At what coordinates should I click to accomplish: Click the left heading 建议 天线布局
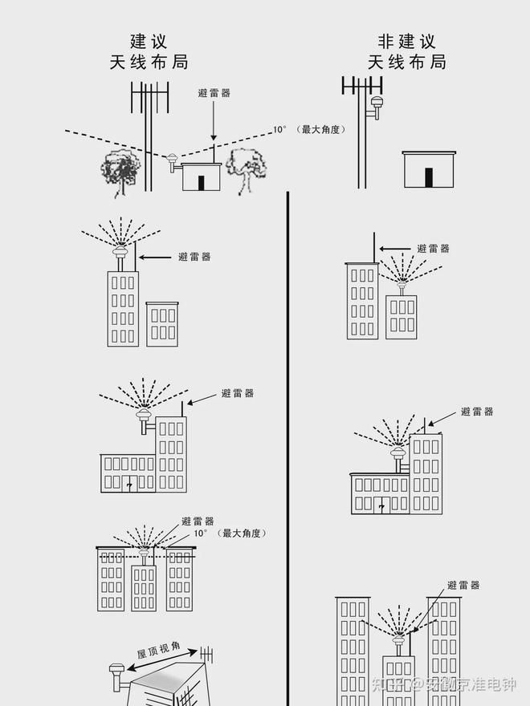point(149,51)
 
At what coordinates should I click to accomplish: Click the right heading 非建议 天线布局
point(406,51)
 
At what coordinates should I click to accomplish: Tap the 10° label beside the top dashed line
point(279,128)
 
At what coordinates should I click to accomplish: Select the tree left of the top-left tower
point(120,171)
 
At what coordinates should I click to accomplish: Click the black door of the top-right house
point(429,177)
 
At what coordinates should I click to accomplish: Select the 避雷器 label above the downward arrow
point(214,93)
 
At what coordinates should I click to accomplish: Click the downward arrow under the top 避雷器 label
point(214,120)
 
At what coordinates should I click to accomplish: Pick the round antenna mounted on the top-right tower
point(377,103)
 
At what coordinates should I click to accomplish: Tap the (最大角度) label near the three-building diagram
point(243,533)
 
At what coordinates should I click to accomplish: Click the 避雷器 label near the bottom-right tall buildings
point(463,586)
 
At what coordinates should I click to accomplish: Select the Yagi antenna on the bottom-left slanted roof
point(206,654)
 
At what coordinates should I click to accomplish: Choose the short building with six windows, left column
point(162,324)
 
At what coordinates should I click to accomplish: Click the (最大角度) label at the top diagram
point(321,128)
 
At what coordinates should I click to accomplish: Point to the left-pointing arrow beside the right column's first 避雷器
point(393,249)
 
